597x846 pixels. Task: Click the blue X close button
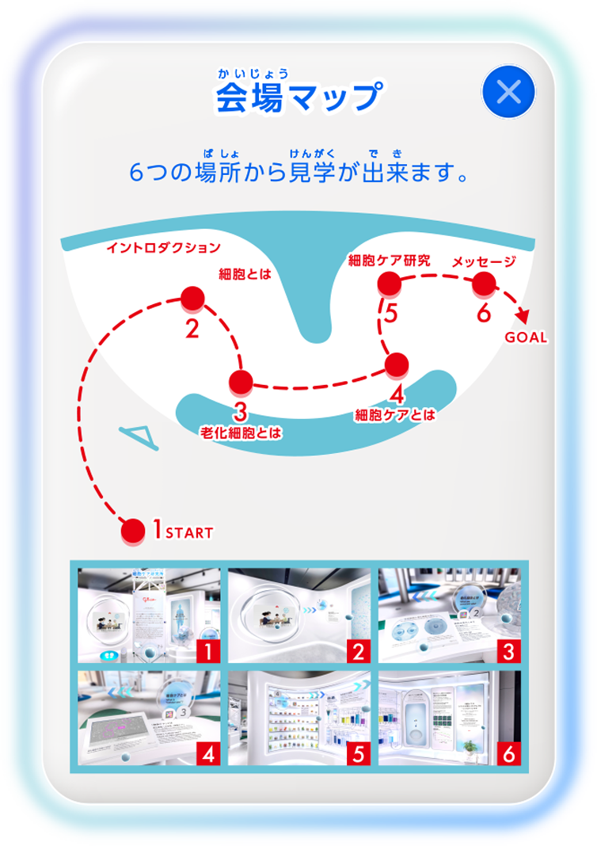pos(508,93)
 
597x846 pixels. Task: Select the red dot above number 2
pos(192,299)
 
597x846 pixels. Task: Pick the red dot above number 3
pos(241,382)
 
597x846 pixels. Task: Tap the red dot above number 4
pos(397,364)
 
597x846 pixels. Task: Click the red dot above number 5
pos(389,282)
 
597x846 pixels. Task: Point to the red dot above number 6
pos(484,282)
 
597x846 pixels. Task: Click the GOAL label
pos(526,337)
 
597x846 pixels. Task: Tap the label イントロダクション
pos(164,248)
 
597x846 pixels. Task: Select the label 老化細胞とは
pos(241,433)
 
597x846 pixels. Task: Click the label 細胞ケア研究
pos(390,260)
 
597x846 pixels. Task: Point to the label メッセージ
pos(484,261)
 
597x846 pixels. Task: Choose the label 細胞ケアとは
pos(395,414)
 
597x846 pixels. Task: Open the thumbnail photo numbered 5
pos(299,718)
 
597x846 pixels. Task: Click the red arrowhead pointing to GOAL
pos(521,315)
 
